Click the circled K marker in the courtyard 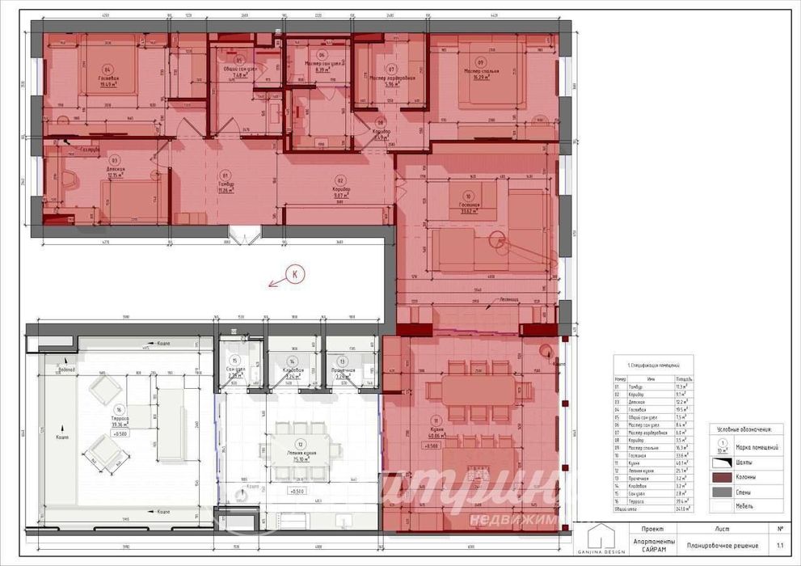tap(295, 275)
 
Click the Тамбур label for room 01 tap(226, 185)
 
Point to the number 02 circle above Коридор tap(340, 180)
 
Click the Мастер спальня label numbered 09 tap(481, 71)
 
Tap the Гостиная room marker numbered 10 tap(468, 196)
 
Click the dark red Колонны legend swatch tap(721, 476)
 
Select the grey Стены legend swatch tap(721, 491)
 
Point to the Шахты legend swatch tap(721, 462)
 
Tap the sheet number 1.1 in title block tap(779, 546)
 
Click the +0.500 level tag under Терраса tap(120, 433)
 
